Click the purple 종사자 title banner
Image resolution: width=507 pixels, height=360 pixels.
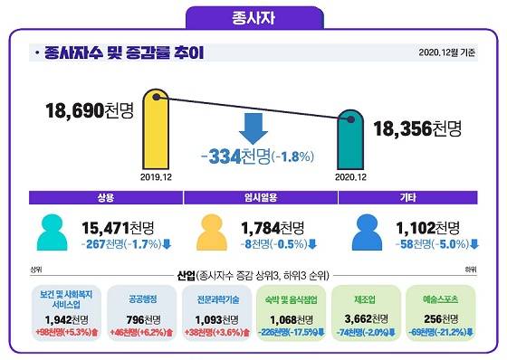[x=253, y=16]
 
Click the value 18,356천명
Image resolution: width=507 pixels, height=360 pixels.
[x=417, y=128]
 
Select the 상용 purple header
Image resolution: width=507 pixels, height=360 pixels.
[x=104, y=196]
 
